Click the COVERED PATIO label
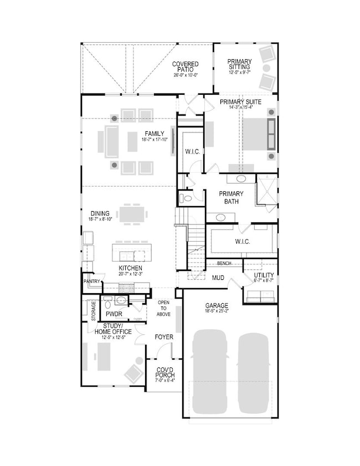click(x=185, y=68)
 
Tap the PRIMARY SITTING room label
click(x=239, y=65)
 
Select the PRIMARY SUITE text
click(x=240, y=102)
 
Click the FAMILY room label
click(x=154, y=134)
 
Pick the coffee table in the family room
click(x=132, y=141)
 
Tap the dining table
click(x=133, y=213)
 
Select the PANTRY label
click(x=91, y=281)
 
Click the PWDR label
click(x=114, y=313)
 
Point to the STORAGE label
click(x=94, y=311)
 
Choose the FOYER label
click(x=164, y=336)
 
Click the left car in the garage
click(x=209, y=371)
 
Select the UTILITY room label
click(x=264, y=275)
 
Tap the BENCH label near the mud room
click(x=224, y=263)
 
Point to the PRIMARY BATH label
click(x=231, y=197)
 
